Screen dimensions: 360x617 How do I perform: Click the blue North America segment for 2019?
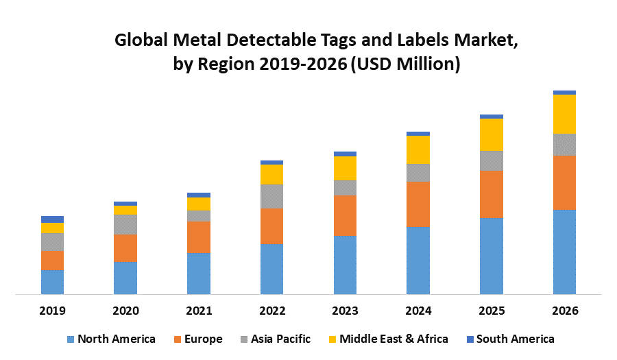coord(52,282)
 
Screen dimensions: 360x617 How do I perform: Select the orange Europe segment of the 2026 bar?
coord(564,182)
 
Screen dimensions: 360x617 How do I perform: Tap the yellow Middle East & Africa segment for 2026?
coord(564,114)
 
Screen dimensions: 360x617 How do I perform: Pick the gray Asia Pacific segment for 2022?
coord(271,196)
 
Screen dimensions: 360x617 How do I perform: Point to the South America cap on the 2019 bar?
coord(52,219)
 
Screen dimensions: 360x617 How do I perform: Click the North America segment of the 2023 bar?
coord(345,265)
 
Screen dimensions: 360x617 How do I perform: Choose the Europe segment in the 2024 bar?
coord(418,204)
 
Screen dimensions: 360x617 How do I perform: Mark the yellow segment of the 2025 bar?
coord(492,134)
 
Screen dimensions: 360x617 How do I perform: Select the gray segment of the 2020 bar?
coord(125,224)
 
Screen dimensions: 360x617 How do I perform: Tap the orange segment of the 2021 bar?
coord(199,237)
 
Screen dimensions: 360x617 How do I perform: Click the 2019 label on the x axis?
coord(52,311)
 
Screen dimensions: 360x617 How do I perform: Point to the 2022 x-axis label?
coord(271,311)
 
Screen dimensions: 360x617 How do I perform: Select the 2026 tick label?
coord(564,311)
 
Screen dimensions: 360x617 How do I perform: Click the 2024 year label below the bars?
coord(418,311)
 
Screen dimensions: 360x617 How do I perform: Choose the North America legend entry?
coord(111,339)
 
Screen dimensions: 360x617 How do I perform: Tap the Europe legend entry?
coord(199,339)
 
